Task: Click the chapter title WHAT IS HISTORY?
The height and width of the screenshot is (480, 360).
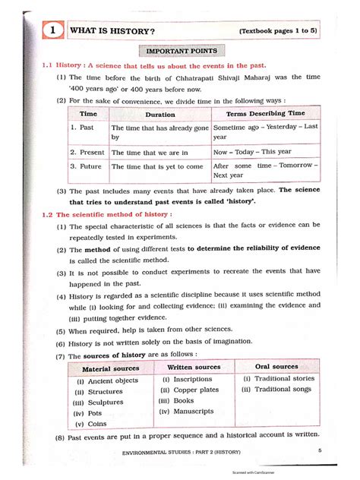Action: pyautogui.click(x=112, y=31)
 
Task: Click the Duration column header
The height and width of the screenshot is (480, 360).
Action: pyautogui.click(x=160, y=114)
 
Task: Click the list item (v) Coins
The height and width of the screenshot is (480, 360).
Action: pyautogui.click(x=90, y=425)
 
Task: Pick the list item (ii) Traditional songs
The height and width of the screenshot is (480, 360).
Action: pyautogui.click(x=276, y=390)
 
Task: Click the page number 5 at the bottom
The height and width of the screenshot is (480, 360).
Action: pyautogui.click(x=321, y=452)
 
